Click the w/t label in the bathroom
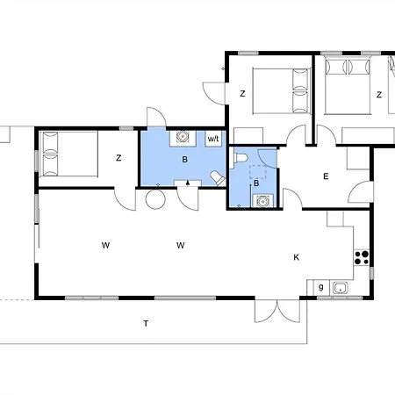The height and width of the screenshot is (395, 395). click(213, 139)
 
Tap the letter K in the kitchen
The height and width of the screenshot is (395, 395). click(296, 257)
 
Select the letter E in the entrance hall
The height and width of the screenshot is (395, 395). click(326, 176)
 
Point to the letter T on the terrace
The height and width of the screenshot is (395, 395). click(146, 323)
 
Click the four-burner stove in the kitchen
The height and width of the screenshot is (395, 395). click(362, 258)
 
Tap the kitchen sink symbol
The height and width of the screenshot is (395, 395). click(341, 288)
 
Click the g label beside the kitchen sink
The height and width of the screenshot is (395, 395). click(321, 287)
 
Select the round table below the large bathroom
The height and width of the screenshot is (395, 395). click(155, 199)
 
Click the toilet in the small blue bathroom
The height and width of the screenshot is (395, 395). click(241, 158)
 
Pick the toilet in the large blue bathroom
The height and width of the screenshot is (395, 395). click(218, 178)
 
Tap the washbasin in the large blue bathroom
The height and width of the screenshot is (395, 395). click(183, 137)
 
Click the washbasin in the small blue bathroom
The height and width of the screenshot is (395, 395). click(262, 201)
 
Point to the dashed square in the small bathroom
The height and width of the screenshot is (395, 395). click(258, 172)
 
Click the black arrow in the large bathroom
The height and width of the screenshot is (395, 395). click(188, 183)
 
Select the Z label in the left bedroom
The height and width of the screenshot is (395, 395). click(118, 158)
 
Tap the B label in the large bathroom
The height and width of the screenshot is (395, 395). click(184, 160)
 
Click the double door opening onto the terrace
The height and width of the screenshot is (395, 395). click(277, 311)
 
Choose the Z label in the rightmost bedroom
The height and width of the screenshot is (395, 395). click(379, 95)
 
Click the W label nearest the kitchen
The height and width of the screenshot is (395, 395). click(181, 245)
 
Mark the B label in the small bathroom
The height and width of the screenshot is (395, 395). click(256, 183)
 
